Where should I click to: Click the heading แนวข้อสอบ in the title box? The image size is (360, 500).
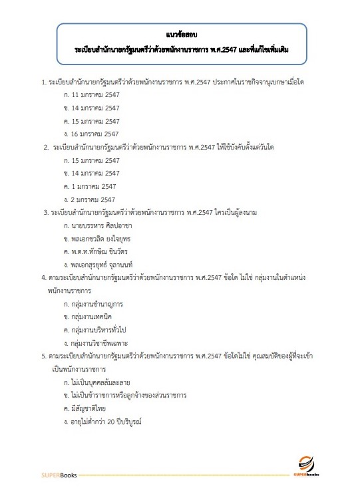[x=180, y=35]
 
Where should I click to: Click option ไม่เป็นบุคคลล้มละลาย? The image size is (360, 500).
[x=103, y=382]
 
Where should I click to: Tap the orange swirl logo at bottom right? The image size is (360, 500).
[x=306, y=463]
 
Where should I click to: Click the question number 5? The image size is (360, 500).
[x=43, y=356]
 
